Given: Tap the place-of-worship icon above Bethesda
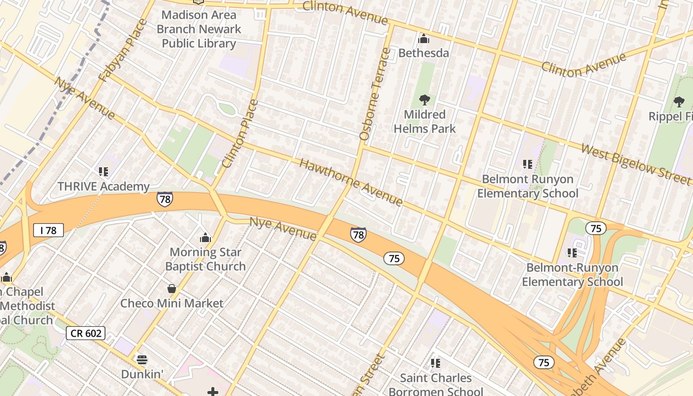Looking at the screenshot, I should pyautogui.click(x=424, y=39).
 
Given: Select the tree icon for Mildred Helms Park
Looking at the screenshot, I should pyautogui.click(x=424, y=100).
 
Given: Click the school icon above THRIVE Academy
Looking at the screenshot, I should pyautogui.click(x=103, y=172).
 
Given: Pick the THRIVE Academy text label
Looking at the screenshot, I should pyautogui.click(x=103, y=187).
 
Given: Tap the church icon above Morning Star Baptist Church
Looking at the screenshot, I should pyautogui.click(x=205, y=238).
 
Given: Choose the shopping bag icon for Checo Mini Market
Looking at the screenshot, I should pyautogui.click(x=172, y=289).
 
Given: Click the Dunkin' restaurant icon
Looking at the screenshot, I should pyautogui.click(x=142, y=360).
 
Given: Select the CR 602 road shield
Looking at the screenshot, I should pyautogui.click(x=86, y=333).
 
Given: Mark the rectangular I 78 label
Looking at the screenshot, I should pyautogui.click(x=49, y=230).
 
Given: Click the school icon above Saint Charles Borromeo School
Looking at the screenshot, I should pyautogui.click(x=436, y=363).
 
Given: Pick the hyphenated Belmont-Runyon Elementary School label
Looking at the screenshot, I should pyautogui.click(x=572, y=275).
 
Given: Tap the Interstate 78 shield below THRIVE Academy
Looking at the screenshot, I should pyautogui.click(x=165, y=199).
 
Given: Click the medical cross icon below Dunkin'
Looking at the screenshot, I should pyautogui.click(x=213, y=392).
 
